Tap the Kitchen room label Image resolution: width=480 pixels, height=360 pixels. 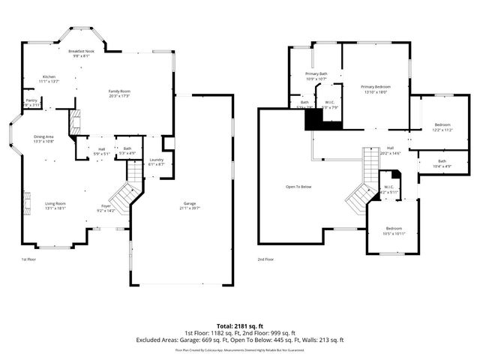49,76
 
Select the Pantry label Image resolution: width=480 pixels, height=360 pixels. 31,100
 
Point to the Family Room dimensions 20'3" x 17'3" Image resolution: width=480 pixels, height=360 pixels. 120,96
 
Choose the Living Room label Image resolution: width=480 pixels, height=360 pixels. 55,203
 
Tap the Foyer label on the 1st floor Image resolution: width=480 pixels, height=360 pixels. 106,205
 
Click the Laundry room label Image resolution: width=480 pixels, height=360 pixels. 156,159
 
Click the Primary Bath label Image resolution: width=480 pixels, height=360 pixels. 316,73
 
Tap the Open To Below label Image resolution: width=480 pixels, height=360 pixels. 298,187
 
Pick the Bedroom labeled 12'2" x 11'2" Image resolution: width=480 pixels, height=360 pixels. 442,124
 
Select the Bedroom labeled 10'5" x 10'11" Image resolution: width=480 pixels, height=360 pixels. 394,228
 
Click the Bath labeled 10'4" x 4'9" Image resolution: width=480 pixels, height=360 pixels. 442,161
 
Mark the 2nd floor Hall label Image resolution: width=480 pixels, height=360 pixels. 390,148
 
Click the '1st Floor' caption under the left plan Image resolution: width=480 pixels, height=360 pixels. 28,259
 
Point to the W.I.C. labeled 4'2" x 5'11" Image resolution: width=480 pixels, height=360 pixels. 388,187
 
